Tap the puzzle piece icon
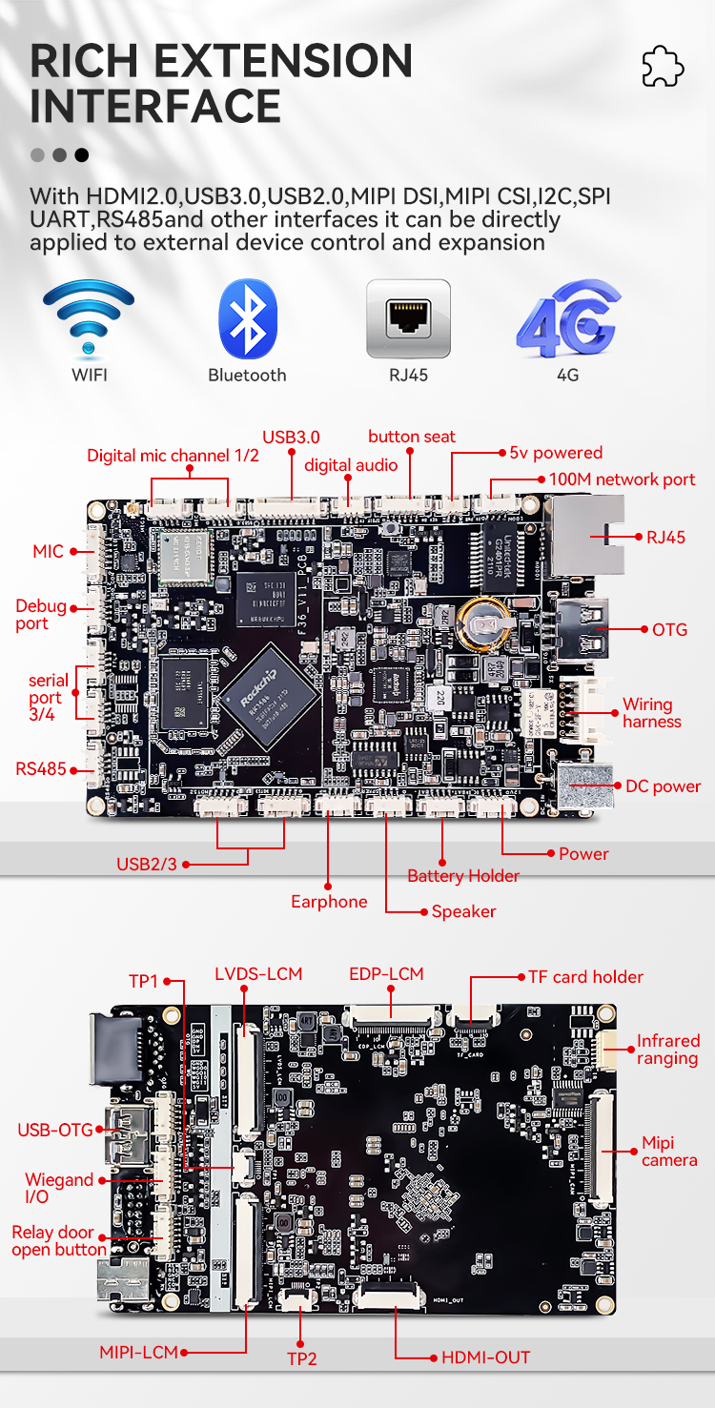(x=663, y=66)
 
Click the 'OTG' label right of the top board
(x=669, y=629)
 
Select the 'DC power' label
(x=663, y=786)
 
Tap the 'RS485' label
(x=40, y=768)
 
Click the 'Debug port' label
(x=41, y=615)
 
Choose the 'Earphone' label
(x=329, y=902)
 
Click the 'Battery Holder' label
(x=463, y=876)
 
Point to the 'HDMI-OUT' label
(x=485, y=1357)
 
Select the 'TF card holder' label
(x=585, y=977)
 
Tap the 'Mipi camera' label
(x=669, y=1152)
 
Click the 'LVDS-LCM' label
(x=258, y=973)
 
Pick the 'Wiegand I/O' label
(x=58, y=1188)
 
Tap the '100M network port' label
(x=622, y=480)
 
